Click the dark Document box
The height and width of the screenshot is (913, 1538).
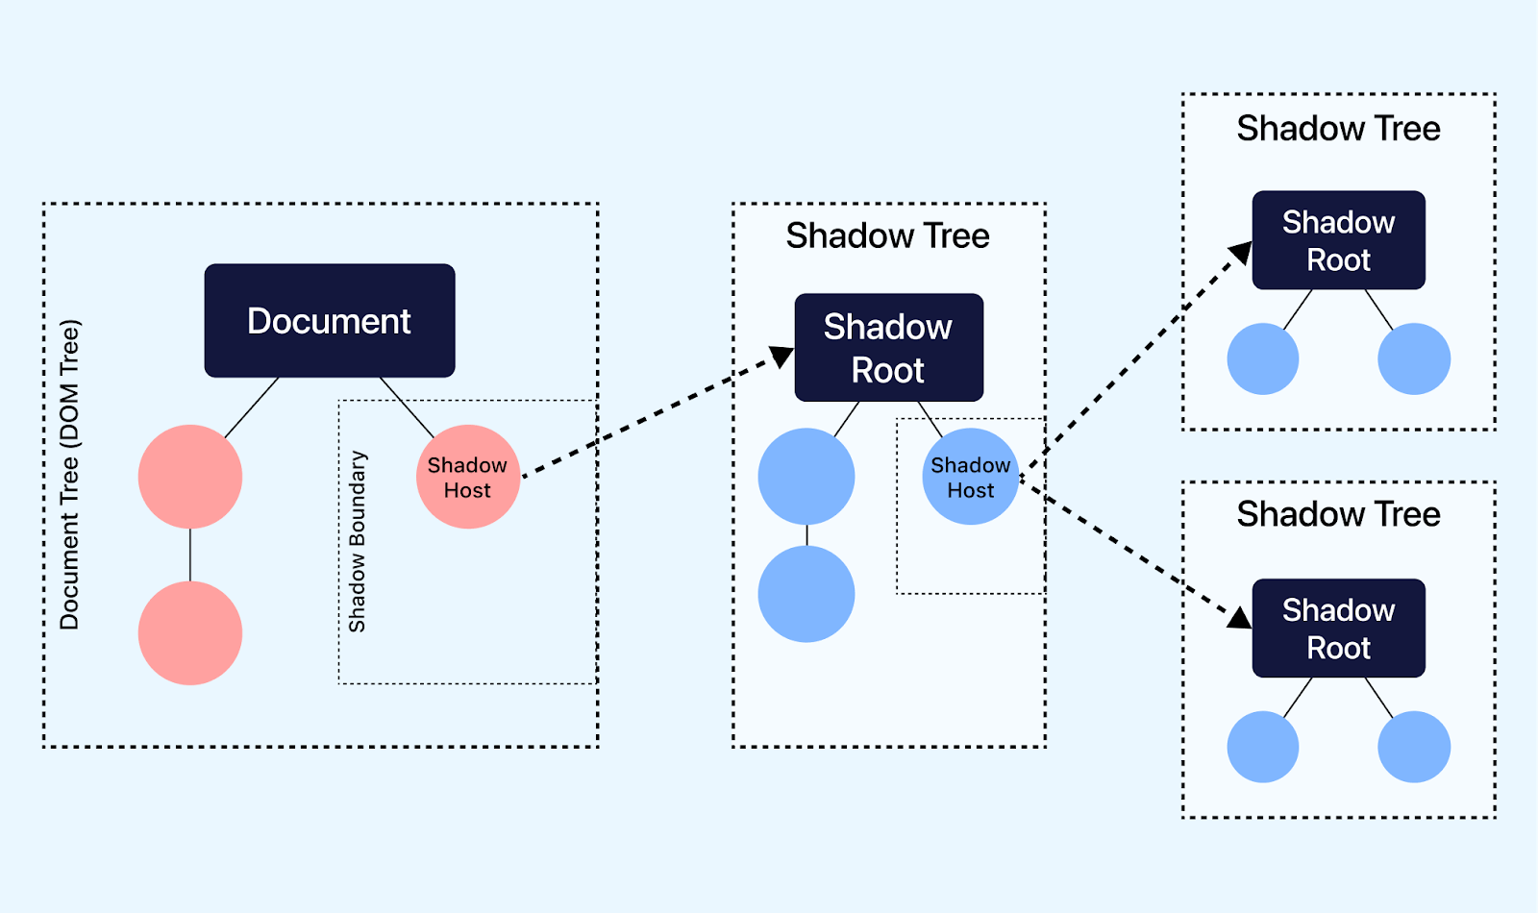point(329,320)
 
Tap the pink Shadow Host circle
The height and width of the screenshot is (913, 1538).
point(468,477)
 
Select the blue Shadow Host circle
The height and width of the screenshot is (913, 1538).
point(970,477)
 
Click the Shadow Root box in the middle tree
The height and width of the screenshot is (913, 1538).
point(888,347)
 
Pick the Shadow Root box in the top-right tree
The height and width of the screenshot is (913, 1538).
point(1338,240)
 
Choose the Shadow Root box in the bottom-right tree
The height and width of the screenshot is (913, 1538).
point(1338,628)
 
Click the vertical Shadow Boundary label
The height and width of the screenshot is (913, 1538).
point(358,541)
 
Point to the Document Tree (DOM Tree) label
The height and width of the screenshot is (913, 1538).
point(70,475)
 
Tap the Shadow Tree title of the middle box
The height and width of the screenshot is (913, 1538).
point(887,235)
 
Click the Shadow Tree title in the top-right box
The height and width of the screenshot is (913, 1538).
point(1338,128)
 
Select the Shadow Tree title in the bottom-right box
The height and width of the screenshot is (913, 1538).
point(1338,514)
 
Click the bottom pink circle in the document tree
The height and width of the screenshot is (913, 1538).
point(190,632)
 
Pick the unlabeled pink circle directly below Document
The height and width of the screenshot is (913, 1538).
point(190,477)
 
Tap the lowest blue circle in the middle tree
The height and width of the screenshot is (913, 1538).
point(806,594)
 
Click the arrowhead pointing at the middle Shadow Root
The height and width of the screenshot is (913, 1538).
point(781,357)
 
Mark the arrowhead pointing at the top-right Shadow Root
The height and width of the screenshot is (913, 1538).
point(1241,253)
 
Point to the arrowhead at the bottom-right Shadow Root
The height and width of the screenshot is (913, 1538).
point(1239,617)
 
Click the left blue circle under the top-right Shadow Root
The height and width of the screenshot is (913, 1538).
point(1263,358)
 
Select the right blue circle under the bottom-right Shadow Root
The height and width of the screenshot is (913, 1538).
point(1413,747)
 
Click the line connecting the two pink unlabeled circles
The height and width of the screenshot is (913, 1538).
point(190,555)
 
